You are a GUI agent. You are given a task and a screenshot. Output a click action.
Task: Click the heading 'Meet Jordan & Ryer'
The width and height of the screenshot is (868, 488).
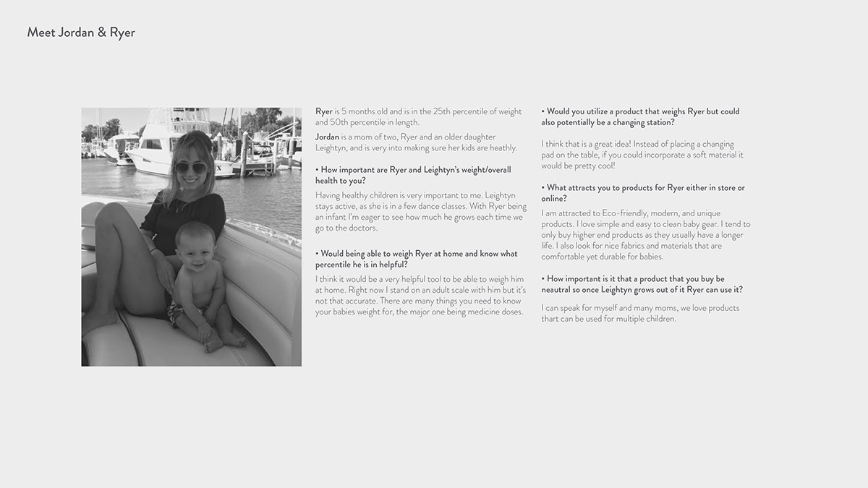coord(81,33)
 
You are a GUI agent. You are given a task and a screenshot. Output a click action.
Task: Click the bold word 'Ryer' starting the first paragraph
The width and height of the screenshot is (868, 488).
coord(323,111)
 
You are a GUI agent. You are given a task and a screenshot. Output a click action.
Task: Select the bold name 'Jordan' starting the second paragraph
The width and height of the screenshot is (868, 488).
coord(327,137)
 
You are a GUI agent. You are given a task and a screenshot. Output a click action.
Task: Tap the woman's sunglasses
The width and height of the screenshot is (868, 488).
coord(190,168)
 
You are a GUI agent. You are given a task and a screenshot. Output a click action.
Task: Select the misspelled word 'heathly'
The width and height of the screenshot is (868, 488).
coord(501,148)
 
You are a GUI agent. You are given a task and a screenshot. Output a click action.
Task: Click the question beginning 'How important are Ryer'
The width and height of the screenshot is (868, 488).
coord(412,175)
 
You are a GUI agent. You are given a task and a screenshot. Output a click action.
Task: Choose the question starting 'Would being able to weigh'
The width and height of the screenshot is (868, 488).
coord(416,259)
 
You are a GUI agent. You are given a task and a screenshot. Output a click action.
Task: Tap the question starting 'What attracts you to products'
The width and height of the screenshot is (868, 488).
coord(642,193)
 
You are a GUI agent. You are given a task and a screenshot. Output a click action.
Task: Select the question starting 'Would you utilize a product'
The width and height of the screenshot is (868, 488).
coord(640,116)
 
